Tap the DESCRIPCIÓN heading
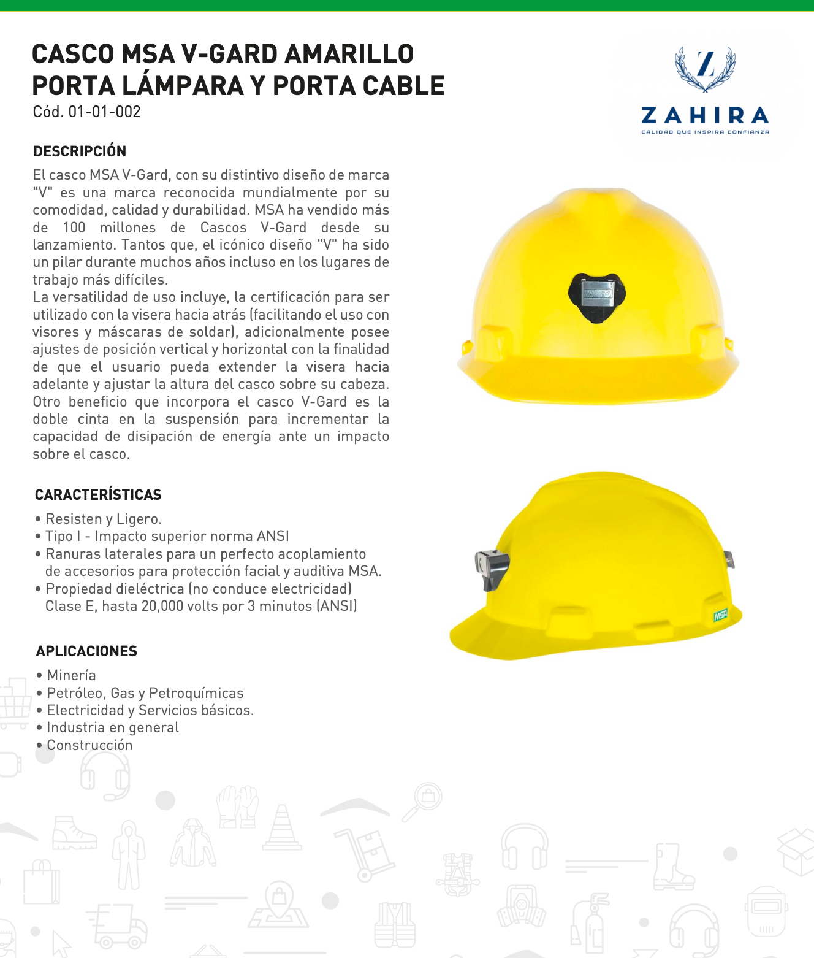(x=80, y=151)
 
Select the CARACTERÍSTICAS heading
(x=98, y=495)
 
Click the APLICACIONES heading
(x=86, y=651)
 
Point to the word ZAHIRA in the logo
(x=705, y=115)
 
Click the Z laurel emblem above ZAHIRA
(x=705, y=67)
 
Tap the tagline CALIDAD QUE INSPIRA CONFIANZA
(x=705, y=132)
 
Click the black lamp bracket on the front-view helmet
(x=597, y=297)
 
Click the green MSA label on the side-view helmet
(x=720, y=615)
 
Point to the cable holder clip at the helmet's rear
(x=729, y=559)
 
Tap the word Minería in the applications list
(x=71, y=675)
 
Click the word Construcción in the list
(x=89, y=745)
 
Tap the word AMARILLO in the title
(x=349, y=54)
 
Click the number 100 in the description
(x=74, y=228)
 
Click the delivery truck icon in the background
(x=118, y=926)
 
